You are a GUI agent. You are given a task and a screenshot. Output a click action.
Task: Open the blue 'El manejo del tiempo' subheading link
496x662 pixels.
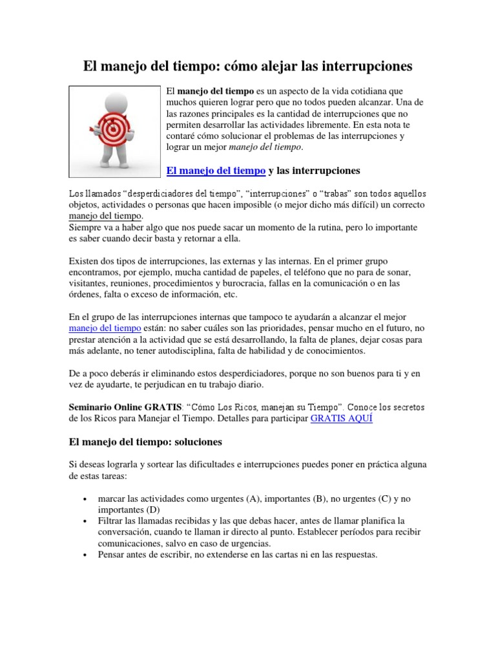[x=216, y=171]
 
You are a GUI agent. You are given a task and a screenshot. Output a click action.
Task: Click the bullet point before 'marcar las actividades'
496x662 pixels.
[x=86, y=500]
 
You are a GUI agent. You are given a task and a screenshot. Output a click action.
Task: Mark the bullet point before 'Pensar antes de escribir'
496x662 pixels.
[x=86, y=555]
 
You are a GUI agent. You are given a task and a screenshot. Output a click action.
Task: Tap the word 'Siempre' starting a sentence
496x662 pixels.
[x=85, y=228]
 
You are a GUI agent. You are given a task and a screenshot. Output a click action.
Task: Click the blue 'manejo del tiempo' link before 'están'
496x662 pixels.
[x=105, y=328]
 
